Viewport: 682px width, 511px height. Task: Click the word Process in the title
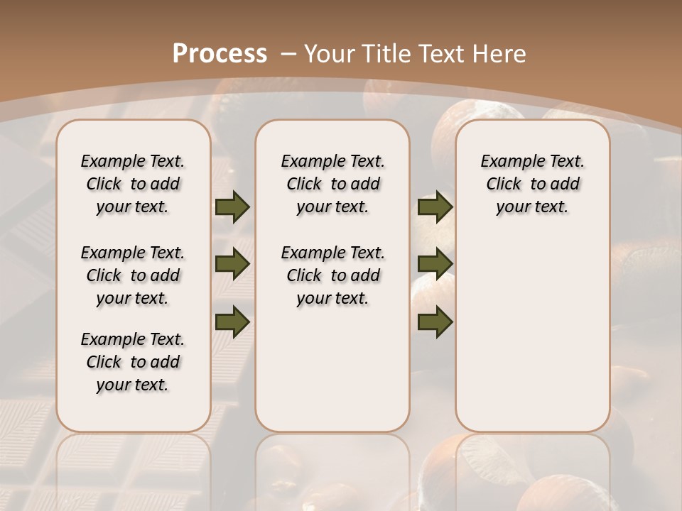[x=220, y=53]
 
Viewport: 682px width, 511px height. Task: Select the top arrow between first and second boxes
[x=232, y=207]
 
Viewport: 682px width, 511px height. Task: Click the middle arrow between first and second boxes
[x=232, y=265]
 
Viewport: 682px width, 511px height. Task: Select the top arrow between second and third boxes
[x=435, y=207]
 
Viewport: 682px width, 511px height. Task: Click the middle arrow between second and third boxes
[x=435, y=265]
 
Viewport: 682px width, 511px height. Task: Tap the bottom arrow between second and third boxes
[x=435, y=321]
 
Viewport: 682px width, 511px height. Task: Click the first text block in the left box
[x=133, y=184]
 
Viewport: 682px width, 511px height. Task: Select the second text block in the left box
[x=133, y=275]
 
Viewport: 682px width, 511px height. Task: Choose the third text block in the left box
[x=133, y=362]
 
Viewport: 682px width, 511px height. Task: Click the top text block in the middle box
[x=332, y=184]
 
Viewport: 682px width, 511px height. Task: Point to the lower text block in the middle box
[x=332, y=275]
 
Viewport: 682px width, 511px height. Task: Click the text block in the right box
[x=532, y=184]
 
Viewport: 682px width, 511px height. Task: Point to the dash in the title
[x=288, y=53]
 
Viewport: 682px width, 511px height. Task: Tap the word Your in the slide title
[x=330, y=53]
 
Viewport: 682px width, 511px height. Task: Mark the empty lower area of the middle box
[x=332, y=369]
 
